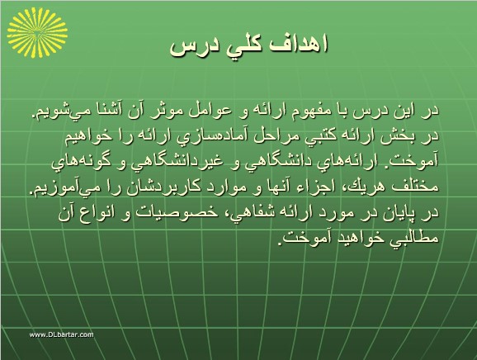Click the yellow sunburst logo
37,32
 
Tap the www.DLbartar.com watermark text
62,334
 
